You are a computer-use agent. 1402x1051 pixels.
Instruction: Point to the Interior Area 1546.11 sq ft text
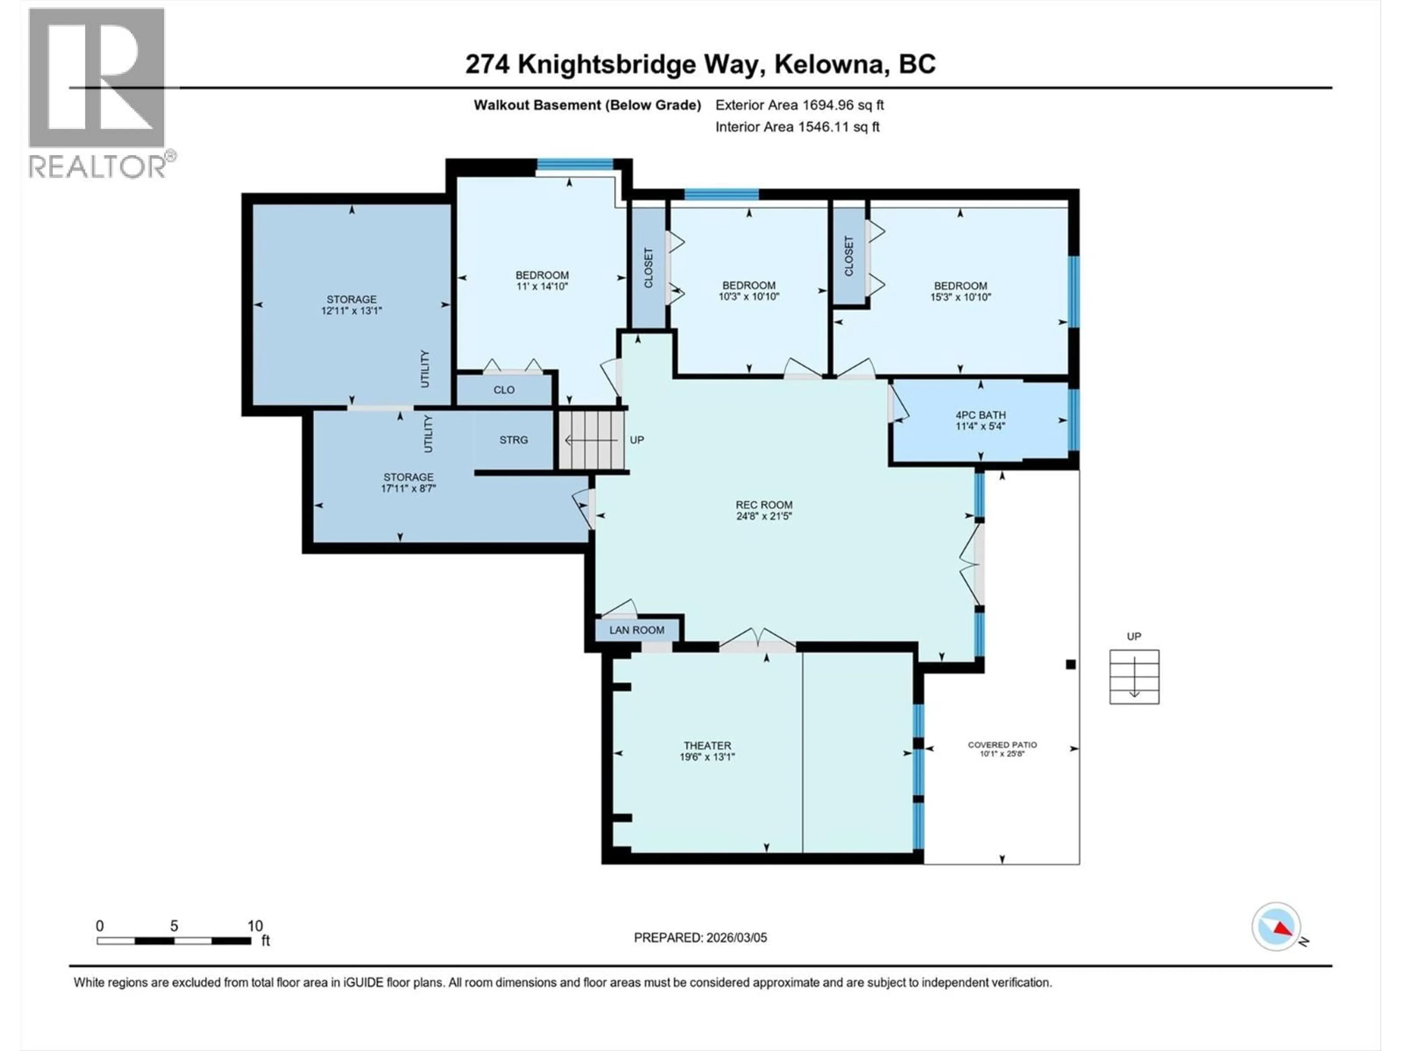(x=797, y=127)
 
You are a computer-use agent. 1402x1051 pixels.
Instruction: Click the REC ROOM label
(x=764, y=505)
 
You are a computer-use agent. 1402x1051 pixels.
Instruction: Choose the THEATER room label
(x=707, y=746)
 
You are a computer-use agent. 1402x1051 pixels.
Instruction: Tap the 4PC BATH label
(x=981, y=415)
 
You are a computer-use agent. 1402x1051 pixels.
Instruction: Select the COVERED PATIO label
(x=1002, y=745)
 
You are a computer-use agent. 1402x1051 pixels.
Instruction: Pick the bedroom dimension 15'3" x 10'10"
(x=960, y=296)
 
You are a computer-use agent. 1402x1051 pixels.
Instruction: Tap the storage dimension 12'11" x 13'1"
(x=351, y=311)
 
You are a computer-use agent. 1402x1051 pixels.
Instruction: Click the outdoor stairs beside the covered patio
(x=1134, y=677)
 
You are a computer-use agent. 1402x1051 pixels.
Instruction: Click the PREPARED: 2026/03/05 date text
(x=700, y=938)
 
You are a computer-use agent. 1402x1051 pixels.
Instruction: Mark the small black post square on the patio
(x=1070, y=665)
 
